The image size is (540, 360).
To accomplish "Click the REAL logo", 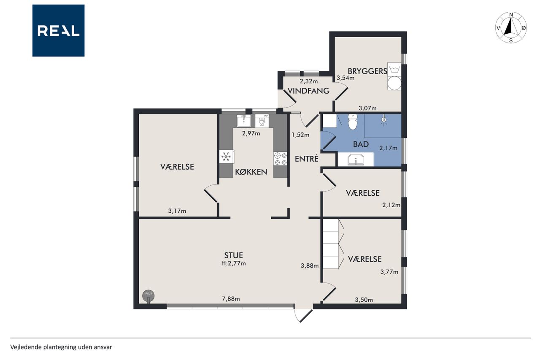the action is click(58, 31).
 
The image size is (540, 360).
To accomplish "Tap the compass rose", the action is click(511, 27).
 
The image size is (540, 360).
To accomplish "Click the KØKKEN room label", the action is click(251, 172).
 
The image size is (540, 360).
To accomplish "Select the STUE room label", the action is click(233, 255).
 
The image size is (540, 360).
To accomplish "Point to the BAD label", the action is click(361, 144).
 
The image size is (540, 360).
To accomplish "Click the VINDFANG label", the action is click(308, 91).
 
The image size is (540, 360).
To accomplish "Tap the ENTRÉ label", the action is click(307, 159).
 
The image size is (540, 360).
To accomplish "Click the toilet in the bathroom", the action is click(352, 122).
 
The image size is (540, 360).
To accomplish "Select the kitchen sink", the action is click(243, 121).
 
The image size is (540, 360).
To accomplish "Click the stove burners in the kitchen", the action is click(281, 159).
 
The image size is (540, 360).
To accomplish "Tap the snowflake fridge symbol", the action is click(226, 157).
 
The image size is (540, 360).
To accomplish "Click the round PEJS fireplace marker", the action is click(148, 296).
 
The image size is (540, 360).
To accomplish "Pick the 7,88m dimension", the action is click(231, 299).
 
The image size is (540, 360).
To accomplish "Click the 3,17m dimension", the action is click(177, 211).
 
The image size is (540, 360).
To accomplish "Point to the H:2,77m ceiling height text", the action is click(233, 263).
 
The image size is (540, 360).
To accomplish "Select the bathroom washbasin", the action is click(356, 160).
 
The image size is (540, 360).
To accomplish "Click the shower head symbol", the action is click(383, 120).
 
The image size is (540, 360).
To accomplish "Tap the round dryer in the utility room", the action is click(394, 84).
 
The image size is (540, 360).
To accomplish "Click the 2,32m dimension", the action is click(308, 81).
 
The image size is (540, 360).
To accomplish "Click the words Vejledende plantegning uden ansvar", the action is click(61, 347).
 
